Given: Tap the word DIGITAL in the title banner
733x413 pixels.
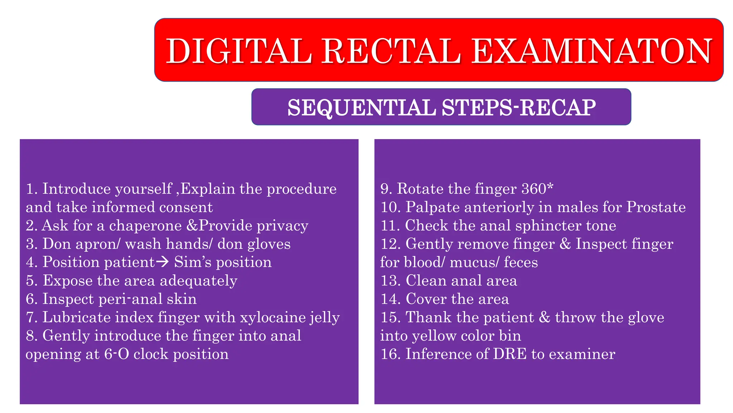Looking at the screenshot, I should [x=239, y=51].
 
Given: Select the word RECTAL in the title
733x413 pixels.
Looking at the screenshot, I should [x=392, y=51].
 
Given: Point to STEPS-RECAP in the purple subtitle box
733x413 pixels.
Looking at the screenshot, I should [x=519, y=108].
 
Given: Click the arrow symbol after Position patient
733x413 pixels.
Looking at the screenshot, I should [x=163, y=262].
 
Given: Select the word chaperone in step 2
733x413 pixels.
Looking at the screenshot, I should [x=145, y=226].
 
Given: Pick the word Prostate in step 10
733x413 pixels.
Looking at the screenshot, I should [x=656, y=207].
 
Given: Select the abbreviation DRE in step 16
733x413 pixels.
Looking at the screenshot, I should [x=510, y=354].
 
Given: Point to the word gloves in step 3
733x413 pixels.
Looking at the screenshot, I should [x=268, y=244].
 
